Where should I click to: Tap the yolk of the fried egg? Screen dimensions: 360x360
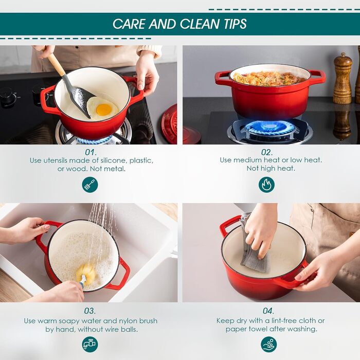(x=104, y=110)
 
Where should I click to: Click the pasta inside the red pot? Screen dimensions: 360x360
(x=268, y=79)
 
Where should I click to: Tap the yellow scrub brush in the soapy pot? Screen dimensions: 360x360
(x=85, y=273)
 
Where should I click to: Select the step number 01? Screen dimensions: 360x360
(x=91, y=152)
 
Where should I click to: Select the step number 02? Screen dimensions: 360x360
(x=267, y=152)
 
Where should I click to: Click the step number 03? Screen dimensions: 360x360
(x=90, y=311)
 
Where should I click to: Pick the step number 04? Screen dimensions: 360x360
(x=268, y=311)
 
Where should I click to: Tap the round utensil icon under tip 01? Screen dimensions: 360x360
(x=90, y=185)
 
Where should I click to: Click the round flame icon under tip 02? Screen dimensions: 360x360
(x=266, y=185)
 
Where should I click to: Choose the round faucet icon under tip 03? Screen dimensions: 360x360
(x=90, y=345)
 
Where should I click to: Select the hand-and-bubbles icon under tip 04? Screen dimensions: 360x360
(x=269, y=345)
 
